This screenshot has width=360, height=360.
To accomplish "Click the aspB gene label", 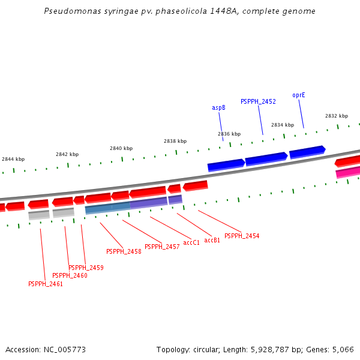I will click(x=218, y=108).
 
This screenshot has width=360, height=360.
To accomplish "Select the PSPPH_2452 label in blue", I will click(x=258, y=102).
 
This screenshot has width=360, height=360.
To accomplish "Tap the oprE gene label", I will click(x=299, y=95).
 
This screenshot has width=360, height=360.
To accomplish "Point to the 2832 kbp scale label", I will click(x=337, y=116).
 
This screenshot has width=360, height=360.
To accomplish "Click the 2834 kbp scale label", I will click(x=283, y=125).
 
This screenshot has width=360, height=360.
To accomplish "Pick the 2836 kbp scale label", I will click(x=229, y=134).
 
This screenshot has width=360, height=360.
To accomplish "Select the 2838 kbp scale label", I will click(x=175, y=141).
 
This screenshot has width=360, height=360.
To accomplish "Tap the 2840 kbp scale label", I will click(x=121, y=148).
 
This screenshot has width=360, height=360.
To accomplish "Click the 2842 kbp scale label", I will click(x=67, y=154).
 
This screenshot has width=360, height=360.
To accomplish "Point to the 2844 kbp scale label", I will click(x=13, y=159).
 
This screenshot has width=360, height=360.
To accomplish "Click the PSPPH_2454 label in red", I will click(x=242, y=236).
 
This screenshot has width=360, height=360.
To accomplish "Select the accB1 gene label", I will click(x=212, y=240).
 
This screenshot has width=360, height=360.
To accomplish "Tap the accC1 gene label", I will click(x=191, y=243).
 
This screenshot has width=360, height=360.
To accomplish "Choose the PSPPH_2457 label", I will click(x=162, y=247).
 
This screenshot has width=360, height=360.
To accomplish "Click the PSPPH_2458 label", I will click(x=124, y=252).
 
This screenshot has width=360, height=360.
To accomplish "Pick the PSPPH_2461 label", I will click(x=46, y=284).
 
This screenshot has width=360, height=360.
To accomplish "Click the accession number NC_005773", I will click(x=64, y=349).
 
